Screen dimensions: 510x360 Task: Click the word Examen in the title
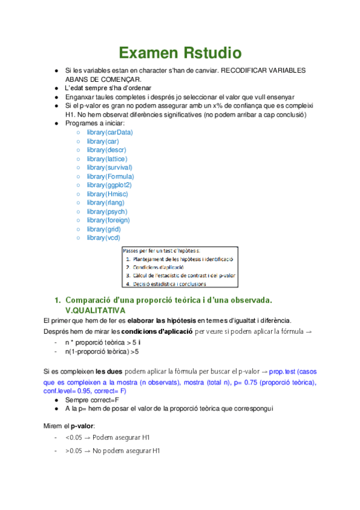point(147,53)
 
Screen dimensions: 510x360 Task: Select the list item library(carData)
point(110,132)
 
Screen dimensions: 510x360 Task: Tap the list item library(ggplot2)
point(109,185)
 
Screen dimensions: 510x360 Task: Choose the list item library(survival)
point(109,167)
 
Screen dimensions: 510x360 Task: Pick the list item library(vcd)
point(103,238)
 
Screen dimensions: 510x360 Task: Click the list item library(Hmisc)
point(106,194)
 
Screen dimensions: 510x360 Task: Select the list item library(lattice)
point(106,158)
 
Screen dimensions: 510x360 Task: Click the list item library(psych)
point(106,212)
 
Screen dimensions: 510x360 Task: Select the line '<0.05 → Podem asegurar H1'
point(108,437)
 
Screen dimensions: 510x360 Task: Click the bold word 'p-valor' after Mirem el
point(82,425)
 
